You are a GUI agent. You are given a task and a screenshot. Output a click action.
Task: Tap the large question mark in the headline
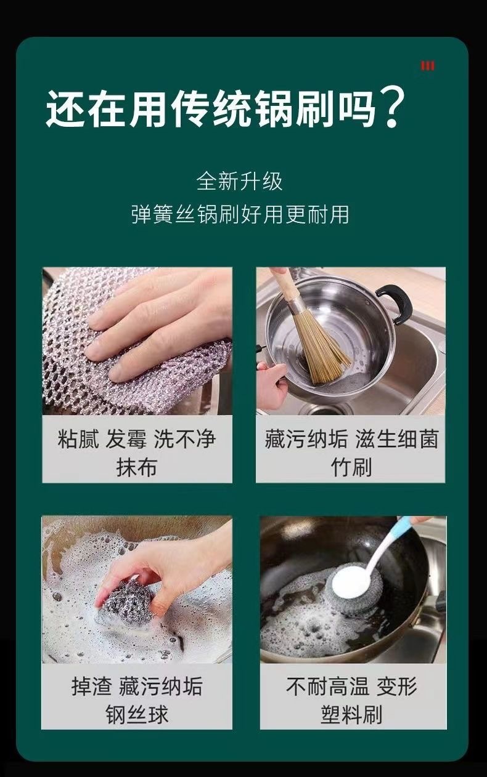pyautogui.click(x=393, y=108)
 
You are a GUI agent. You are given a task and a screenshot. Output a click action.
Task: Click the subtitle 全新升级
pyautogui.click(x=239, y=181)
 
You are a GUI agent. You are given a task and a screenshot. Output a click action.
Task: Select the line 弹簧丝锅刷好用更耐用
pyautogui.click(x=239, y=214)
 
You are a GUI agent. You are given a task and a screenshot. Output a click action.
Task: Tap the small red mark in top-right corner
pyautogui.click(x=427, y=66)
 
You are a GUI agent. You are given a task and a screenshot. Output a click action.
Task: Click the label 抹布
pyautogui.click(x=137, y=467)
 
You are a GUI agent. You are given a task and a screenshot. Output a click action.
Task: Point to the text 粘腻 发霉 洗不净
pyautogui.click(x=137, y=439)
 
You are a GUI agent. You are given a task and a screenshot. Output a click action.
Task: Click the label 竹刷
pyautogui.click(x=351, y=467)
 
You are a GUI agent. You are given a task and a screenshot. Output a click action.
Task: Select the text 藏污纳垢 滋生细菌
pyautogui.click(x=351, y=439)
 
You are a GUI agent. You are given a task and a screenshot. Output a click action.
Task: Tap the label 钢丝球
pyautogui.click(x=137, y=715)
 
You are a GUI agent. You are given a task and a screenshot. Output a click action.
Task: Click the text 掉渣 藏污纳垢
pyautogui.click(x=137, y=686)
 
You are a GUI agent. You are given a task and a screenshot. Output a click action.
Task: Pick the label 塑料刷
pyautogui.click(x=352, y=715)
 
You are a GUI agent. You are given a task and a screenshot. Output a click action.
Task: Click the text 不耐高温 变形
pyautogui.click(x=352, y=686)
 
